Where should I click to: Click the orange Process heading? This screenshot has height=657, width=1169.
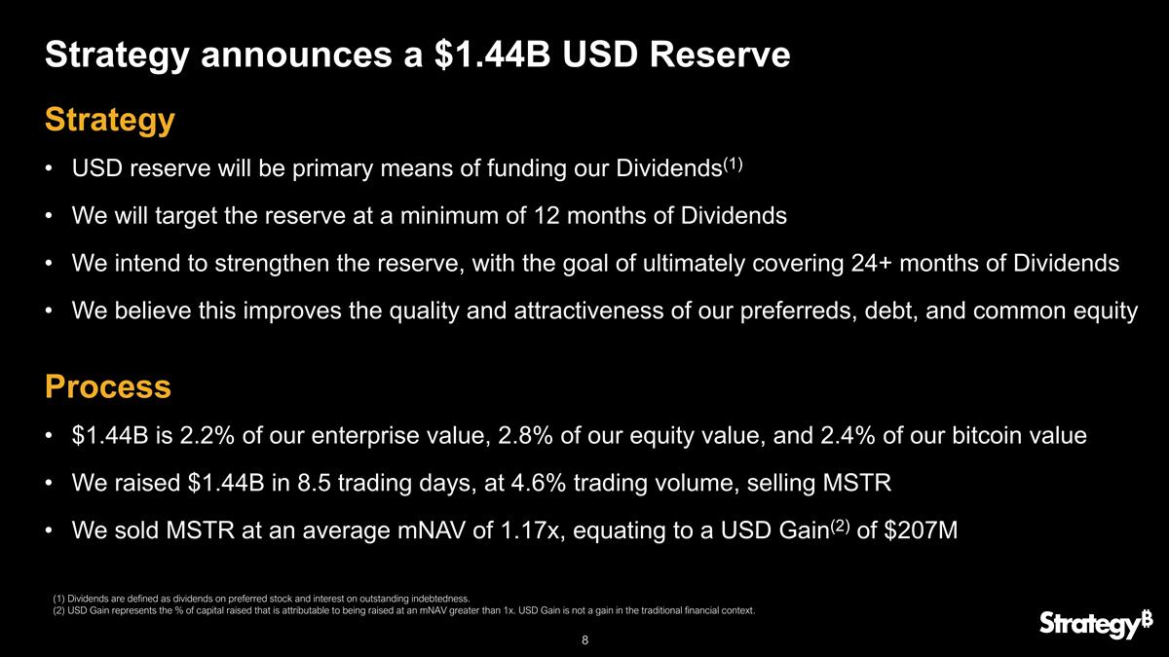[108, 386]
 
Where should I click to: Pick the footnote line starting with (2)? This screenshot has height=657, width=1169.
[403, 611]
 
